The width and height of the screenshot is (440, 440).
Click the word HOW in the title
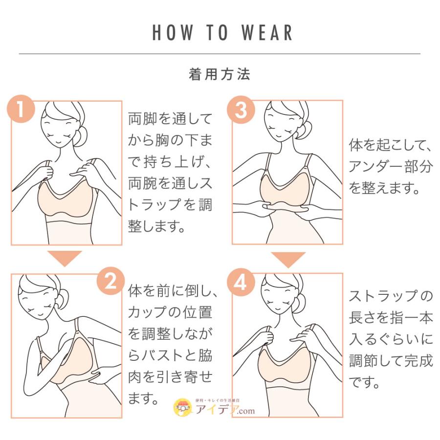[x=171, y=32]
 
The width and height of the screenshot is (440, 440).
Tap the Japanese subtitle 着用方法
[x=220, y=74]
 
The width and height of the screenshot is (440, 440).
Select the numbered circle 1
[x=21, y=110]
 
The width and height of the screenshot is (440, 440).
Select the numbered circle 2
[x=111, y=282]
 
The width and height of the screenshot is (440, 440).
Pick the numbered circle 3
[x=241, y=110]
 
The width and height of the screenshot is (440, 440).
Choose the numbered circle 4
[x=241, y=282]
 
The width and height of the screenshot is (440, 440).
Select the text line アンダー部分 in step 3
[x=390, y=167]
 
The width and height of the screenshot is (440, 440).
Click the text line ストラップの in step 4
[x=390, y=296]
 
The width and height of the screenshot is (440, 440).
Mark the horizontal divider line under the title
[x=220, y=53]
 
